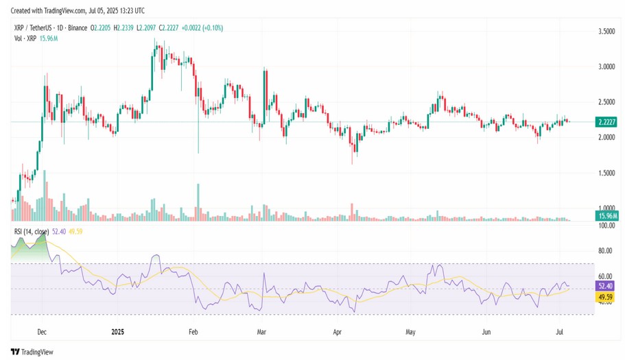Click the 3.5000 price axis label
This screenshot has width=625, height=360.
click(606, 32)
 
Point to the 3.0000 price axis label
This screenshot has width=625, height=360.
click(606, 67)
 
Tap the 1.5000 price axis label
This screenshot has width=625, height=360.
click(606, 173)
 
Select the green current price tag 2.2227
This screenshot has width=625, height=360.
click(606, 122)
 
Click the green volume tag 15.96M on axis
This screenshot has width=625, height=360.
click(606, 217)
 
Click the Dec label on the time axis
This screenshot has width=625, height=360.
click(42, 331)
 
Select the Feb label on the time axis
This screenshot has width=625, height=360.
click(193, 331)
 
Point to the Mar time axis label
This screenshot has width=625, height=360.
click(261, 331)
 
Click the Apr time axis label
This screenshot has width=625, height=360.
click(337, 331)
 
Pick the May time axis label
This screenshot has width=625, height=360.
click(411, 331)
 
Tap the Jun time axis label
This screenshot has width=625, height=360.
click(486, 331)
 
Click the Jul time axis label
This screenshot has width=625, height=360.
click(560, 331)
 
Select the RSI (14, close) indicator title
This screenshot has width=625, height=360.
click(32, 232)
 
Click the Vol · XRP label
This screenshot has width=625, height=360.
click(26, 38)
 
